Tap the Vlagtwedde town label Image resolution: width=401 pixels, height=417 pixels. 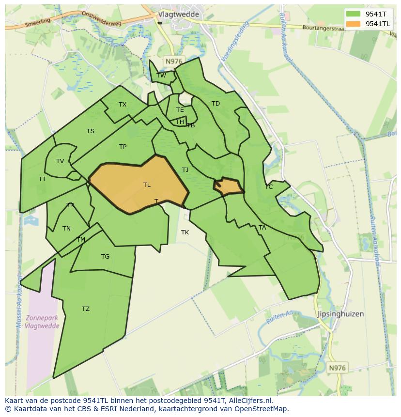point(178,15)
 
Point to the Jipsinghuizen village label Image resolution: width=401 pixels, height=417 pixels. point(340,314)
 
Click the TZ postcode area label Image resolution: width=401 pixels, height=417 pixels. point(86,309)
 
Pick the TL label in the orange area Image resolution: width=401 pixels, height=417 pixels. point(147,185)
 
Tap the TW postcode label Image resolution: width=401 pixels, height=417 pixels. point(161,75)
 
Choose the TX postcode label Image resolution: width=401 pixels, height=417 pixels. point(123,105)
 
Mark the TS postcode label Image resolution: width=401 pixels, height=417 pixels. point(91,131)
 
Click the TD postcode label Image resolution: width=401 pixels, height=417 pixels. point(216,104)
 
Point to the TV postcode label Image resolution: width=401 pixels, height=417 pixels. point(60,161)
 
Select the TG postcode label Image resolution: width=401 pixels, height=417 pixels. point(105,257)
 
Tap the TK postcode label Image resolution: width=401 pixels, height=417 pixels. point(185,232)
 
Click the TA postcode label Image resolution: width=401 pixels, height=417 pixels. point(262,228)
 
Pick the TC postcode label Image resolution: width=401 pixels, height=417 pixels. point(269,187)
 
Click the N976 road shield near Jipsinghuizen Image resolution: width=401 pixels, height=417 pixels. point(337,368)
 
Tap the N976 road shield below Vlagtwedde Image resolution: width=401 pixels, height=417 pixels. point(173,61)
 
